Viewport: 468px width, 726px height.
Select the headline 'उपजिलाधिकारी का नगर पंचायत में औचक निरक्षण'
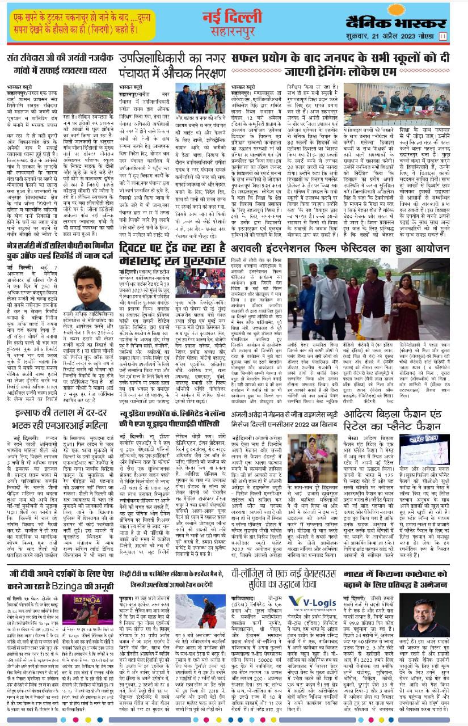point(172,64)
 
